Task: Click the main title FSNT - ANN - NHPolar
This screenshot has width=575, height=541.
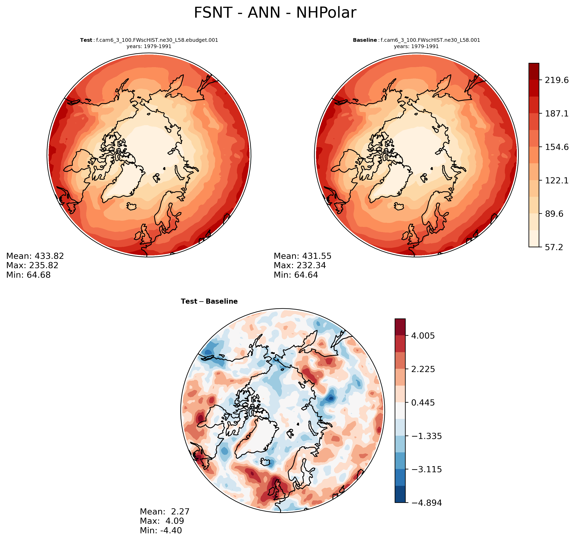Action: pyautogui.click(x=275, y=13)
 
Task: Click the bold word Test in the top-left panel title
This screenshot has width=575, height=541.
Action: pyautogui.click(x=86, y=40)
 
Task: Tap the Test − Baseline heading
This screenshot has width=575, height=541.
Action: pyautogui.click(x=209, y=301)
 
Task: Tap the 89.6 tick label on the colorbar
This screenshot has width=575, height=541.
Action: pyautogui.click(x=554, y=214)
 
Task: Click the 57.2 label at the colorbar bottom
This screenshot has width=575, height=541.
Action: pyautogui.click(x=554, y=247)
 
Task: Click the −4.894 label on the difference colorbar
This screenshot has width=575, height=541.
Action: pyautogui.click(x=426, y=503)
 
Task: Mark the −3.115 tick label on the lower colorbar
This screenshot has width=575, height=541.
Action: pyautogui.click(x=426, y=469)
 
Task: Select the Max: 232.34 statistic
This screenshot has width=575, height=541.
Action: pyautogui.click(x=300, y=265)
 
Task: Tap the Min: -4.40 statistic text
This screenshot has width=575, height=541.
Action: pyautogui.click(x=161, y=530)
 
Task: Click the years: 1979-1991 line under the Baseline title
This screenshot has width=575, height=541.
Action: pyautogui.click(x=416, y=46)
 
